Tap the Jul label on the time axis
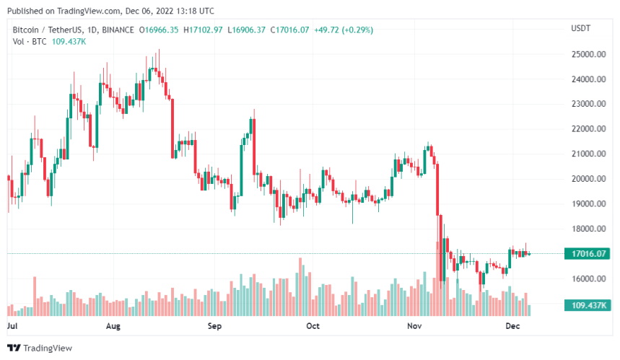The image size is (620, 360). click(x=12, y=326)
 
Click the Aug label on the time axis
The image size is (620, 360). click(x=113, y=326)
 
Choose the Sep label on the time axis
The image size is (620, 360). click(x=214, y=326)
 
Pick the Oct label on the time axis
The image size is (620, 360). click(x=313, y=326)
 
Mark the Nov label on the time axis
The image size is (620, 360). click(x=414, y=326)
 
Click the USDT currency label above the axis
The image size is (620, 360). click(x=581, y=27)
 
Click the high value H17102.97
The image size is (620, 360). click(x=204, y=30)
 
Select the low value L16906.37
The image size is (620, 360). click(x=247, y=30)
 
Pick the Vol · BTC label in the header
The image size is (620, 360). click(x=30, y=42)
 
